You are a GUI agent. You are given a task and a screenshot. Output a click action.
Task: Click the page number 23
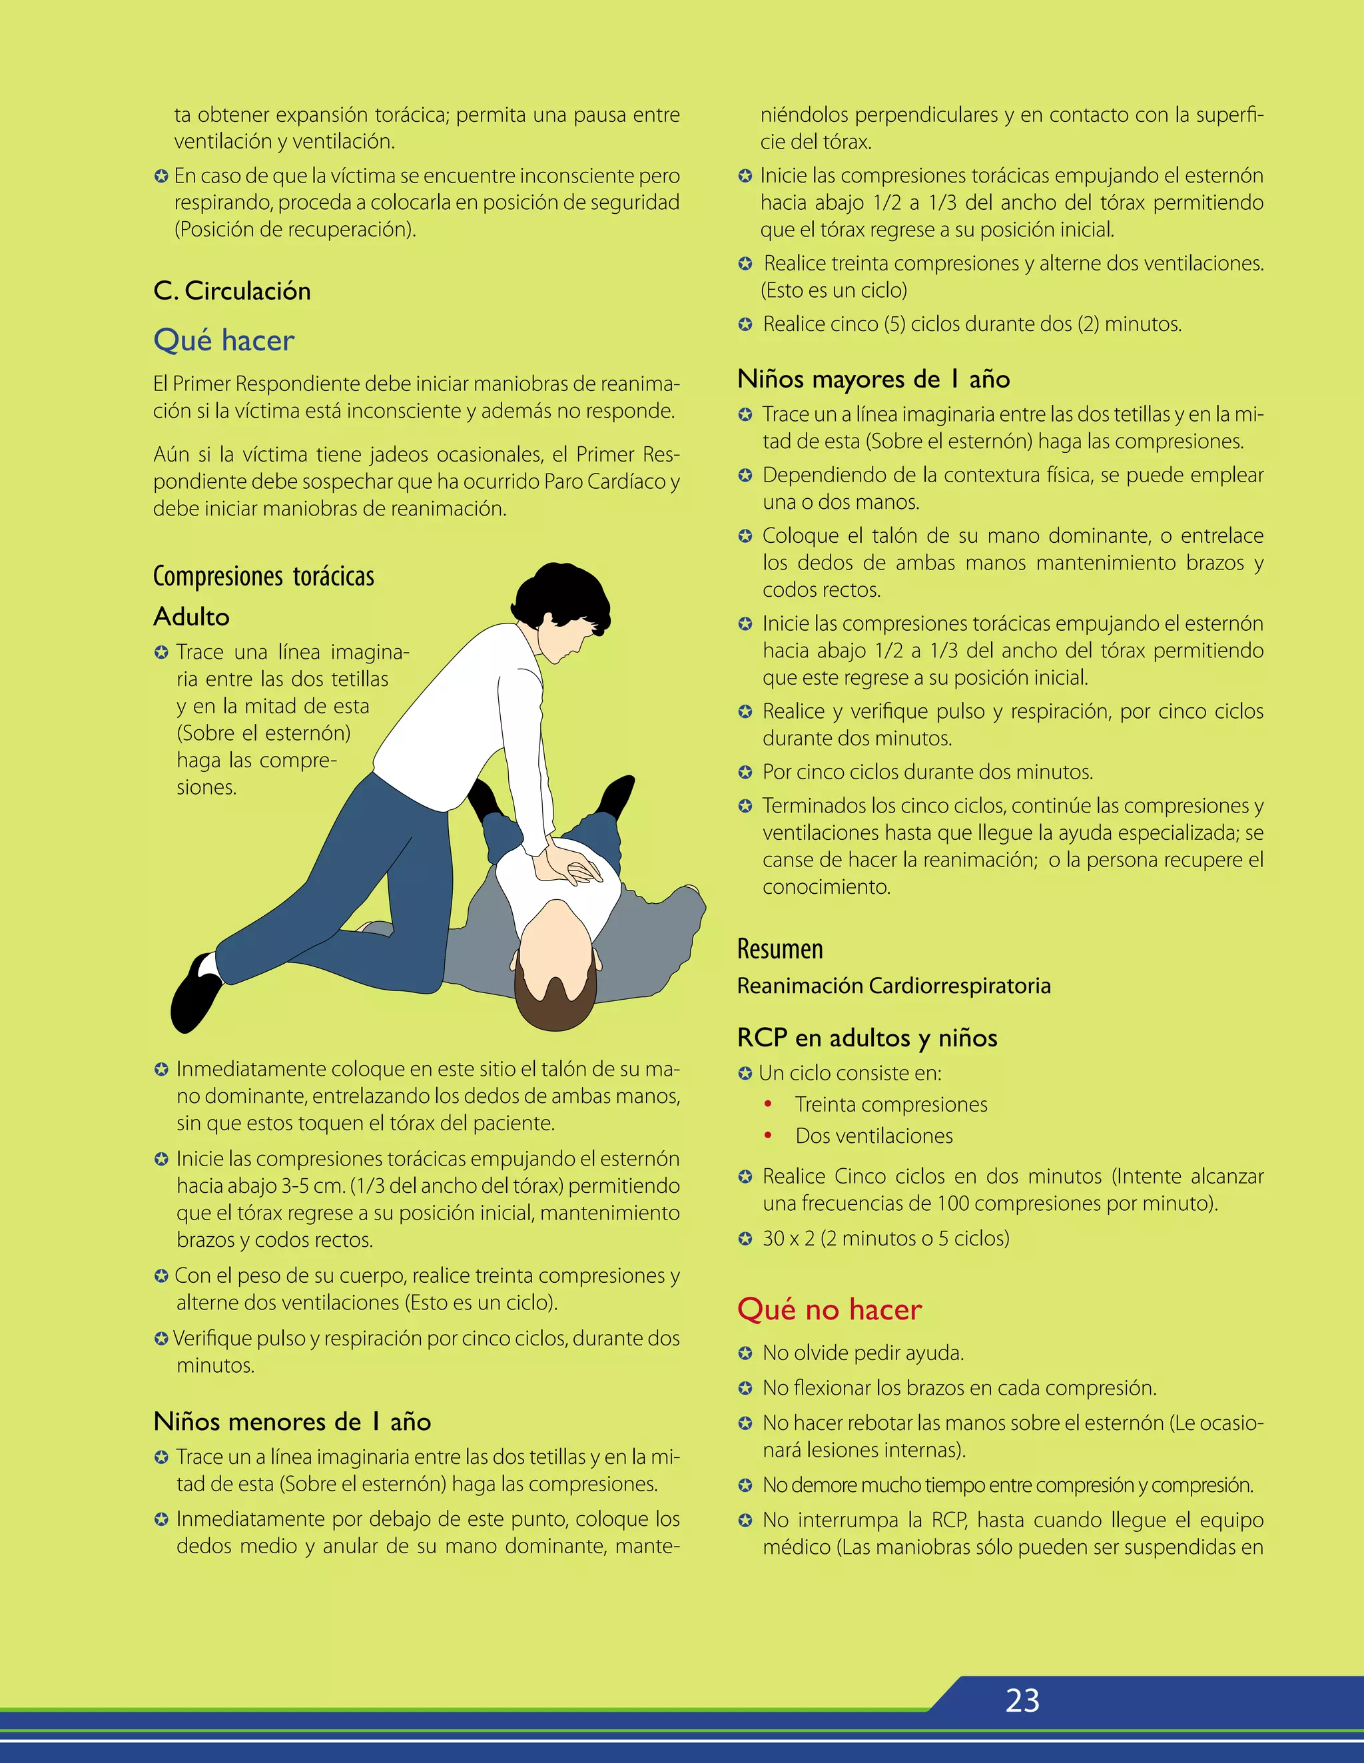pyautogui.click(x=1022, y=1701)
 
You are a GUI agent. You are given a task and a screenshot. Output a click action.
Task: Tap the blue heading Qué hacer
pyautogui.click(x=224, y=340)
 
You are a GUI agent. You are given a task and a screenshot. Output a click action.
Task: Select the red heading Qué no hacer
pyautogui.click(x=829, y=1309)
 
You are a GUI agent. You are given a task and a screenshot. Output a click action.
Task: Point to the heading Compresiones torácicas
pyautogui.click(x=263, y=576)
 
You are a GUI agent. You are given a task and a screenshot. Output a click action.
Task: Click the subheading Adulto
pyautogui.click(x=191, y=617)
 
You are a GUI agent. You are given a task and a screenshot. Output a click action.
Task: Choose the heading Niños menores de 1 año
pyautogui.click(x=292, y=1421)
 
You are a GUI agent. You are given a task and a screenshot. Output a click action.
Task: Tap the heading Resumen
pyautogui.click(x=780, y=948)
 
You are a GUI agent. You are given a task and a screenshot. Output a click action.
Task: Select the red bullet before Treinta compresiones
pyautogui.click(x=769, y=1104)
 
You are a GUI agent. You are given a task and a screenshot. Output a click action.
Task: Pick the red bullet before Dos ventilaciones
pyautogui.click(x=769, y=1135)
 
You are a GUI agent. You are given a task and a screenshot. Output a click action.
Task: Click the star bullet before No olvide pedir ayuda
pyautogui.click(x=745, y=1353)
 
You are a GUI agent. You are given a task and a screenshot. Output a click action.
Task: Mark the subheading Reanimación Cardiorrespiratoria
pyautogui.click(x=894, y=986)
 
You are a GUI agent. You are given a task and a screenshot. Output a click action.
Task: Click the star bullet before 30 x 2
pyautogui.click(x=745, y=1239)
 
